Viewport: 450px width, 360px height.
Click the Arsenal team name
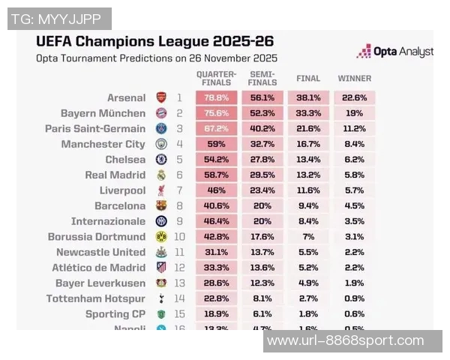point(126,97)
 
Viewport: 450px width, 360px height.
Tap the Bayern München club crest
point(161,113)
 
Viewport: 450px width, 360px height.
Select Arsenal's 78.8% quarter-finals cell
point(216,97)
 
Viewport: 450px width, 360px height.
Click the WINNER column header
point(354,78)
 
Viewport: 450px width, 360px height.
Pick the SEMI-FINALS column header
point(262,78)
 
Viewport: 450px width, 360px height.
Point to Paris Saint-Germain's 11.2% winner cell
point(354,128)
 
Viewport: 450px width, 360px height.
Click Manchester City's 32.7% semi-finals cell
point(262,144)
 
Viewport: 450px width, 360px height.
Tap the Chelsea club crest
point(161,160)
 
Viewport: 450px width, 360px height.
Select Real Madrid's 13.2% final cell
point(308,175)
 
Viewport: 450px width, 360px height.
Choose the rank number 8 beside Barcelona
point(179,205)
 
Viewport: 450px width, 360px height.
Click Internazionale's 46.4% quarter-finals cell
point(216,221)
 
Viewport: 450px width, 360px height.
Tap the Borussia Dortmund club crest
point(161,236)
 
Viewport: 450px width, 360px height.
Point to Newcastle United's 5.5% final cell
point(308,252)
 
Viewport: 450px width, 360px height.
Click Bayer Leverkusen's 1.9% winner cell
point(354,283)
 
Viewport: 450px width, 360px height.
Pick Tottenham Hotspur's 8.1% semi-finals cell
point(262,298)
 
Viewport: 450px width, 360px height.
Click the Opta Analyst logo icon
point(364,52)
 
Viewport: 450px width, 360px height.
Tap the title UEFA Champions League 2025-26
point(154,40)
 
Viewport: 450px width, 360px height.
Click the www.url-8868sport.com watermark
point(346,341)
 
